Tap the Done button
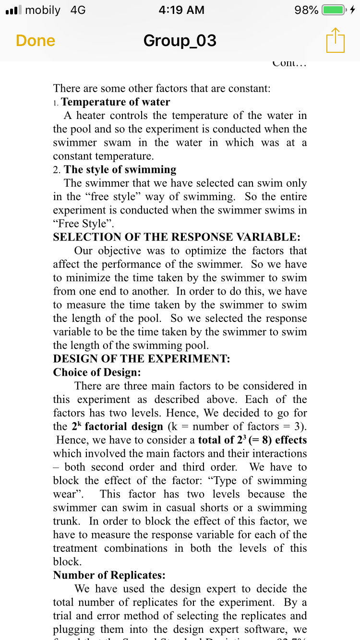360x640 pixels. pyautogui.click(x=36, y=41)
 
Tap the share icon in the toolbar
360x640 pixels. pyautogui.click(x=335, y=40)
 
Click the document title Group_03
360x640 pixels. pyautogui.click(x=180, y=41)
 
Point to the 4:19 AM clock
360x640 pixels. pyautogui.click(x=180, y=10)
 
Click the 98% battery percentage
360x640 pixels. pyautogui.click(x=306, y=10)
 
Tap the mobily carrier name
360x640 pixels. pyautogui.click(x=43, y=10)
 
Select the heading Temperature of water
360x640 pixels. pyautogui.click(x=116, y=102)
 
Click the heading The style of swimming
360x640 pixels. pyautogui.click(x=120, y=169)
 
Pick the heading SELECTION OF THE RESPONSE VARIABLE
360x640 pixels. pyautogui.click(x=177, y=237)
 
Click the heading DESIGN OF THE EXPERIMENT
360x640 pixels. pyautogui.click(x=142, y=359)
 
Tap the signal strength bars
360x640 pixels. pyautogui.click(x=12, y=10)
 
